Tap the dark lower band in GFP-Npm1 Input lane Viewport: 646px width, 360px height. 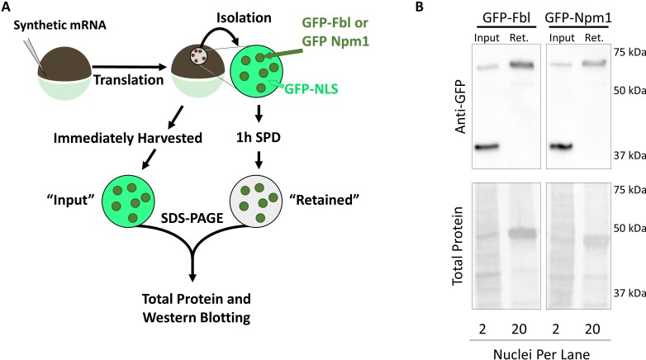(562, 147)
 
